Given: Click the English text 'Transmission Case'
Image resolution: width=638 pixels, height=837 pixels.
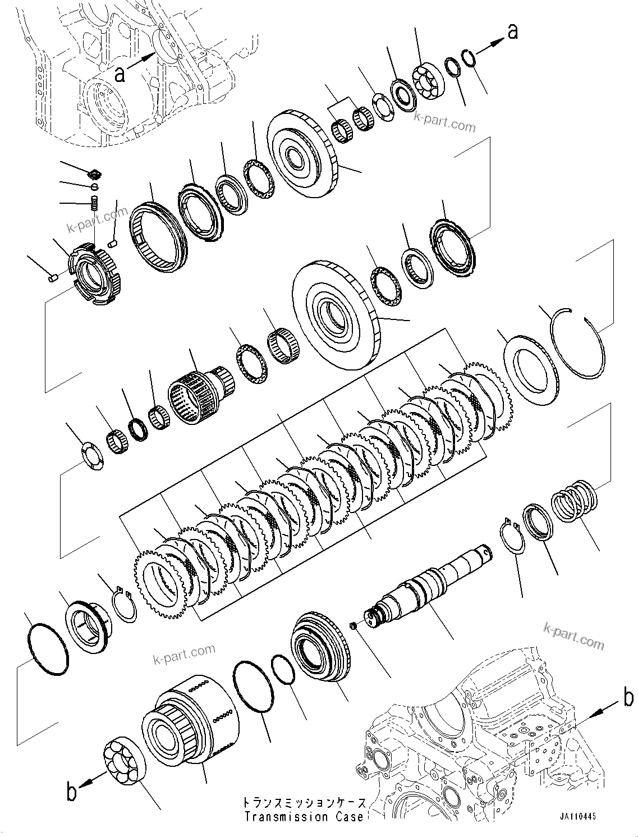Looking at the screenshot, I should (x=304, y=817).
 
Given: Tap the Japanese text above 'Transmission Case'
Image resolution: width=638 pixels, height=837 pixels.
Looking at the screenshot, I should (x=304, y=803).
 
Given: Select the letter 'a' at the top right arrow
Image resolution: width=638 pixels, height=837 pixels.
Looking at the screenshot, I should (x=512, y=33).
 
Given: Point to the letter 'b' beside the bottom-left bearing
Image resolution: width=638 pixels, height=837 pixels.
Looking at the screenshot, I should (x=71, y=792).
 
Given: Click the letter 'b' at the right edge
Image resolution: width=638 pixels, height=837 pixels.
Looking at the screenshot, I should (x=628, y=698).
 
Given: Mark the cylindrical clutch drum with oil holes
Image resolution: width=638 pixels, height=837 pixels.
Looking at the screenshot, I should (x=191, y=719).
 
